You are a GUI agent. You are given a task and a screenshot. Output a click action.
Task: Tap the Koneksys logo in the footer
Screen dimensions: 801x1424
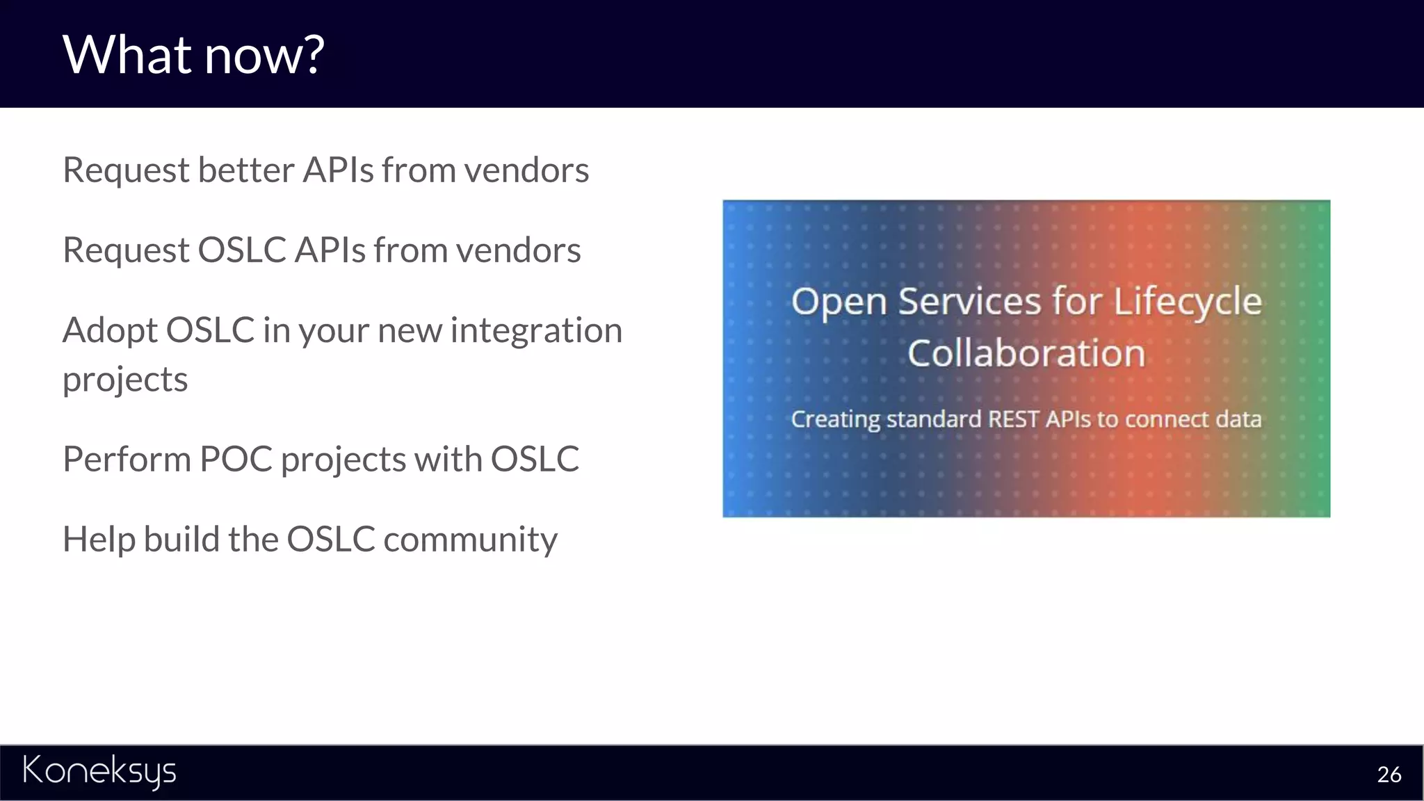tap(99, 770)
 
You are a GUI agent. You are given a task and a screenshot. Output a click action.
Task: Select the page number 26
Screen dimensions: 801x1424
tap(1389, 775)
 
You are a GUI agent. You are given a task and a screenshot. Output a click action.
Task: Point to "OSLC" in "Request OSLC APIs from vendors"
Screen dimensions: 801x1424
tap(242, 250)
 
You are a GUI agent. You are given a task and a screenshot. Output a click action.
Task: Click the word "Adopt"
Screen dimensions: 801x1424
tap(110, 331)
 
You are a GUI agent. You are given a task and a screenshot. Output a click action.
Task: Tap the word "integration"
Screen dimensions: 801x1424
tap(536, 330)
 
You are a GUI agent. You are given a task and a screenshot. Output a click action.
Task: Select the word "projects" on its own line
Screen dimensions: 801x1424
tap(125, 380)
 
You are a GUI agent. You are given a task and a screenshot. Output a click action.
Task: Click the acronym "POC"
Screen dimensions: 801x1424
tap(236, 459)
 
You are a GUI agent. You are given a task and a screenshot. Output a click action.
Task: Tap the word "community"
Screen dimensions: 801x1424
tap(470, 540)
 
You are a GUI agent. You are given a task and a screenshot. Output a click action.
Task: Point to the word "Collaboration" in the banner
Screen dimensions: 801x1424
tap(1026, 353)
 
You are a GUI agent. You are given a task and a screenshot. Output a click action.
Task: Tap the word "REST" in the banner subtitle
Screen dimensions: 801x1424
tap(1014, 419)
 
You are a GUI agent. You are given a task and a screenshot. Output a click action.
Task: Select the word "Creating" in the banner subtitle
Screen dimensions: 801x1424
tap(836, 419)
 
